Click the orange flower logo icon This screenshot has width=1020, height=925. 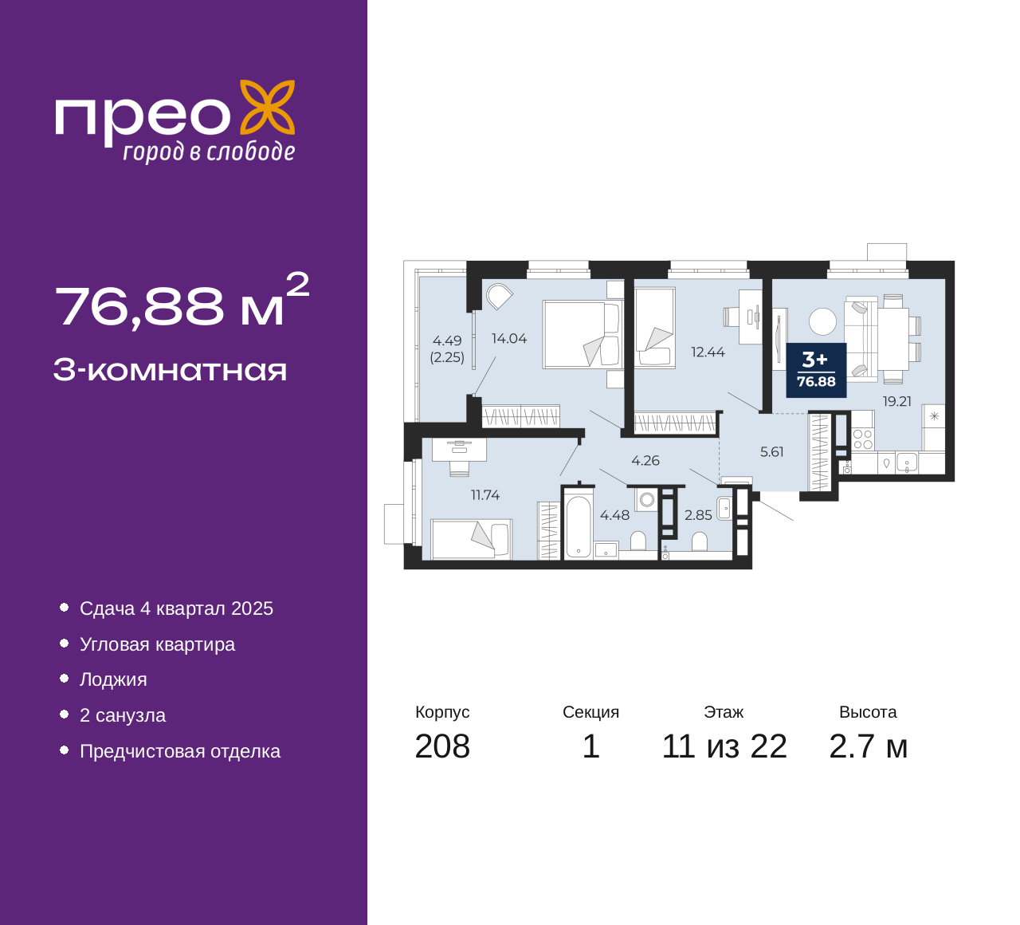pyautogui.click(x=267, y=108)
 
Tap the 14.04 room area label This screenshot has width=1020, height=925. pyautogui.click(x=509, y=338)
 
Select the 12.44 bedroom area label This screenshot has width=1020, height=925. pyautogui.click(x=708, y=352)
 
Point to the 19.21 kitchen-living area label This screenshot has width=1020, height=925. pyautogui.click(x=897, y=401)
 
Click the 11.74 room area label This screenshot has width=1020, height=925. pyautogui.click(x=485, y=494)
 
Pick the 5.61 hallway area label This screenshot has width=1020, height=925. pyautogui.click(x=771, y=452)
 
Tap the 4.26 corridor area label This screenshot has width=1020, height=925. pyautogui.click(x=645, y=460)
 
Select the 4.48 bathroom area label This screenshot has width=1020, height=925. pyautogui.click(x=614, y=515)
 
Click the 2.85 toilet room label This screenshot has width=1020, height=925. pyautogui.click(x=698, y=515)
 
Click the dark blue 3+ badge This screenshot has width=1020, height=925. pyautogui.click(x=816, y=370)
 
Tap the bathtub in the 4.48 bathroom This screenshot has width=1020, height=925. pyautogui.click(x=579, y=526)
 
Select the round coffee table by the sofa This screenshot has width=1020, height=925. pyautogui.click(x=822, y=321)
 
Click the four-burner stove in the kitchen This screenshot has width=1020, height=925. pyautogui.click(x=863, y=439)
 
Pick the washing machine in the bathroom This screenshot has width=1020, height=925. pyautogui.click(x=647, y=500)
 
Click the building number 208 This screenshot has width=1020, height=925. pyautogui.click(x=442, y=746)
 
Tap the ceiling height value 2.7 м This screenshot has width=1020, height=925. pyautogui.click(x=868, y=746)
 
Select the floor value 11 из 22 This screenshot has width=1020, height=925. pyautogui.click(x=724, y=746)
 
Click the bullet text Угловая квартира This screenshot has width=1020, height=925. pyautogui.click(x=157, y=644)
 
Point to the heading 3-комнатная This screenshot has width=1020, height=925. pyautogui.click(x=170, y=370)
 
